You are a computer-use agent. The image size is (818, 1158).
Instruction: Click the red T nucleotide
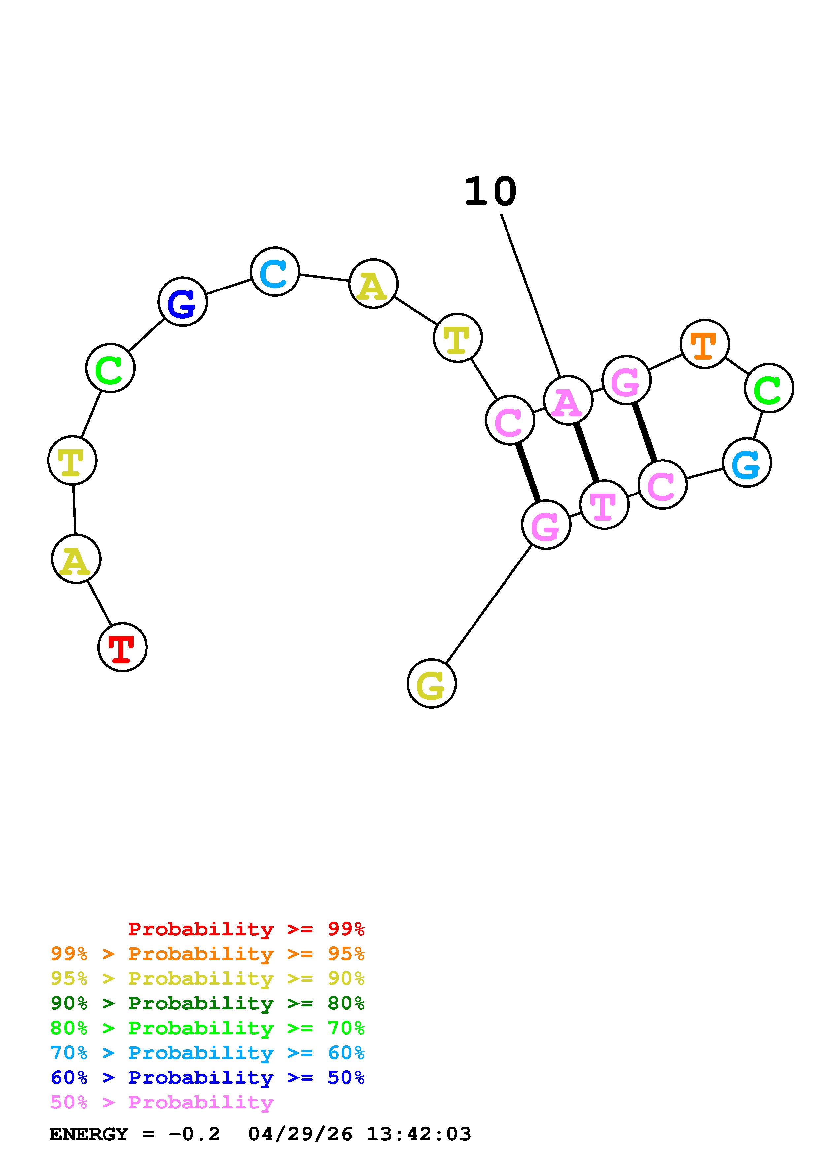coord(122,647)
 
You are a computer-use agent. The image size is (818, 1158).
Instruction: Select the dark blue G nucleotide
coord(182,302)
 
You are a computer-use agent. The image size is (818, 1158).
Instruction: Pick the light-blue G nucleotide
coord(746,462)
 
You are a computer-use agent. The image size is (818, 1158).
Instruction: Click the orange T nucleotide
coord(704,344)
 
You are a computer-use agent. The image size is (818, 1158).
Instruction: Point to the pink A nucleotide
coord(568,400)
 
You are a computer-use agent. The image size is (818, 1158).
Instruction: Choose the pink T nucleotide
coord(604,504)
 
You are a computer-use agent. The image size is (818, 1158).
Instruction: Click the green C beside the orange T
coord(769,388)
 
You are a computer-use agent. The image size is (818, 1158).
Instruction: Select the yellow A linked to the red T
coord(76,559)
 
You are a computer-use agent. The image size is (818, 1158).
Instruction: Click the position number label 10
coord(490,192)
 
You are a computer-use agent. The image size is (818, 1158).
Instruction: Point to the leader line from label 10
coord(530,295)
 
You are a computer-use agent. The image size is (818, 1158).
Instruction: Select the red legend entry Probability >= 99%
coord(246,929)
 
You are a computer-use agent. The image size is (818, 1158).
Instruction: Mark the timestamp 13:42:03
coord(418,1134)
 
